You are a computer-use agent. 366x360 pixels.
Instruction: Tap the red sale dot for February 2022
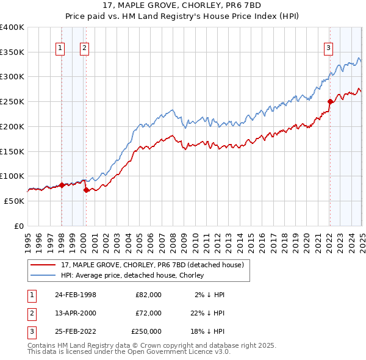(x=330, y=101)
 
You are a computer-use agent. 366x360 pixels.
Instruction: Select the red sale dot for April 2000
(x=86, y=190)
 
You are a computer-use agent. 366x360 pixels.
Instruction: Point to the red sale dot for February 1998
(x=62, y=185)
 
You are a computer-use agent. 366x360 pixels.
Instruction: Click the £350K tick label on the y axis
(x=12, y=52)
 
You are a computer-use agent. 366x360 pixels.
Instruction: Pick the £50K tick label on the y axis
(x=14, y=201)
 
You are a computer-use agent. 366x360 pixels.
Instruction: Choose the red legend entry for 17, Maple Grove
(x=152, y=265)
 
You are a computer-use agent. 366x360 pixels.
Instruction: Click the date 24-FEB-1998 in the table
(x=76, y=294)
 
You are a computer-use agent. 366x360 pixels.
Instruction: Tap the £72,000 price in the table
(x=147, y=312)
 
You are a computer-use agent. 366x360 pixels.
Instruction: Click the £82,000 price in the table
(x=147, y=294)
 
